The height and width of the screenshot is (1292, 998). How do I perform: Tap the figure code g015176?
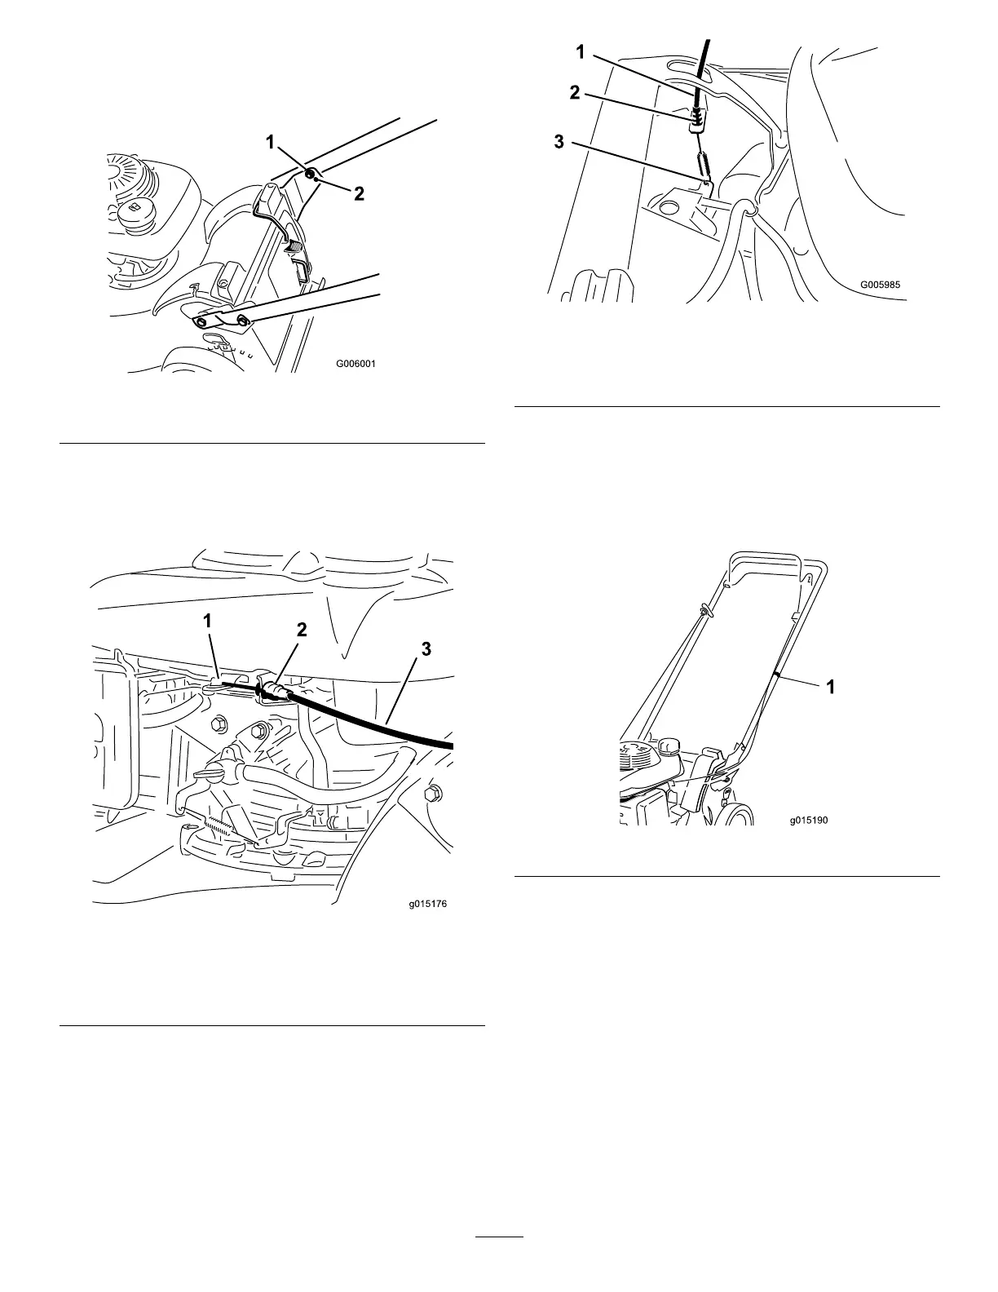(x=428, y=905)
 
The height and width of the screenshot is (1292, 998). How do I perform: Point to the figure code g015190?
(x=808, y=821)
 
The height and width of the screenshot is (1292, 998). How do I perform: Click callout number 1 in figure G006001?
(x=270, y=143)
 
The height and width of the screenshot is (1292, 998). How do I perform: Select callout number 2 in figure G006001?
(x=358, y=193)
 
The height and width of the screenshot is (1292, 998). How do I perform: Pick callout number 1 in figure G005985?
(x=580, y=52)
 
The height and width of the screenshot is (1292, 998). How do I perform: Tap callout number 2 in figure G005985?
(x=575, y=92)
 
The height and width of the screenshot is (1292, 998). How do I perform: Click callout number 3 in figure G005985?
(x=559, y=141)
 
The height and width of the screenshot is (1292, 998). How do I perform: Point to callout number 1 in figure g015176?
(x=208, y=621)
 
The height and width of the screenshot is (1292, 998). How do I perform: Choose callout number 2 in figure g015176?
(x=302, y=630)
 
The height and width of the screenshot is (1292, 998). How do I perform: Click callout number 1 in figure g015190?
(x=830, y=688)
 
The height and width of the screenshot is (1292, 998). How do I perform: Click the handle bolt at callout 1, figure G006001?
(x=311, y=174)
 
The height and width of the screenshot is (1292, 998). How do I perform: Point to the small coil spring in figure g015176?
(x=223, y=825)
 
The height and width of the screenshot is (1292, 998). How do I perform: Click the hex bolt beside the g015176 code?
(x=433, y=792)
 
